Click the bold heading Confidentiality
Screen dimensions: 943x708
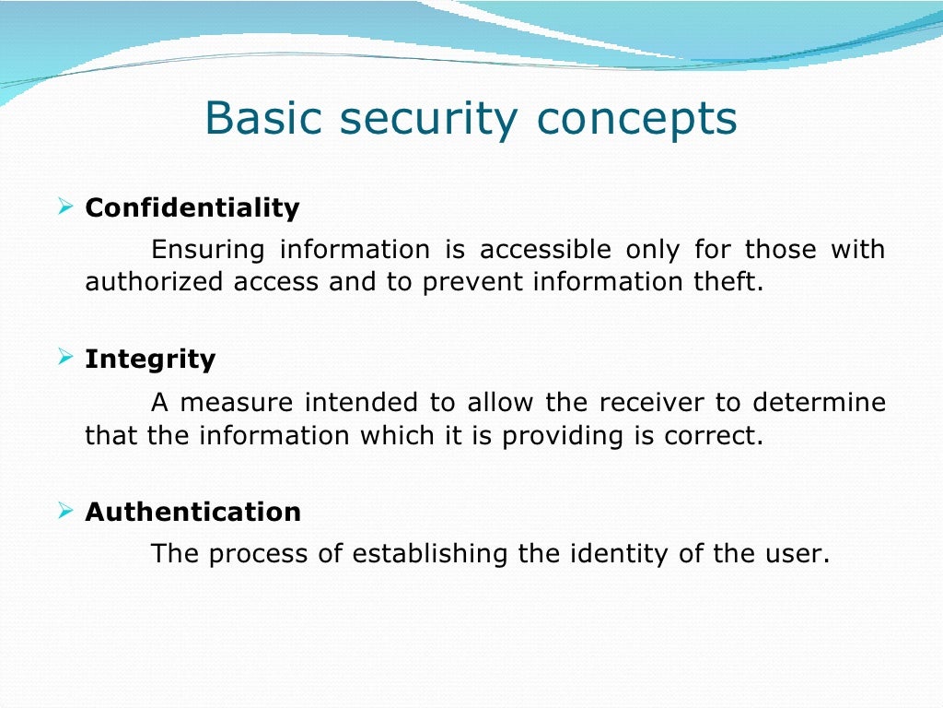(192, 207)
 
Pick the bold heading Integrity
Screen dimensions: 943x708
(150, 360)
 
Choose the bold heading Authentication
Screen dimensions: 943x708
(193, 512)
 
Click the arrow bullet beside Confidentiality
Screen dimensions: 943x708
(65, 206)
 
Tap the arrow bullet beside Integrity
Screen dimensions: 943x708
(65, 357)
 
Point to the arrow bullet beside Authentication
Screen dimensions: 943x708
(65, 511)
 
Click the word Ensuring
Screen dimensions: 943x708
(207, 250)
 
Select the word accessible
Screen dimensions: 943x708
(545, 249)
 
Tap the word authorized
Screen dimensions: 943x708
(154, 281)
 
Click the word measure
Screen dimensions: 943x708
(237, 403)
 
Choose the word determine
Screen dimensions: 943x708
(819, 402)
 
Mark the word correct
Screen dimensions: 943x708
(714, 435)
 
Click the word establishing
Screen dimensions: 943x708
(429, 554)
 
